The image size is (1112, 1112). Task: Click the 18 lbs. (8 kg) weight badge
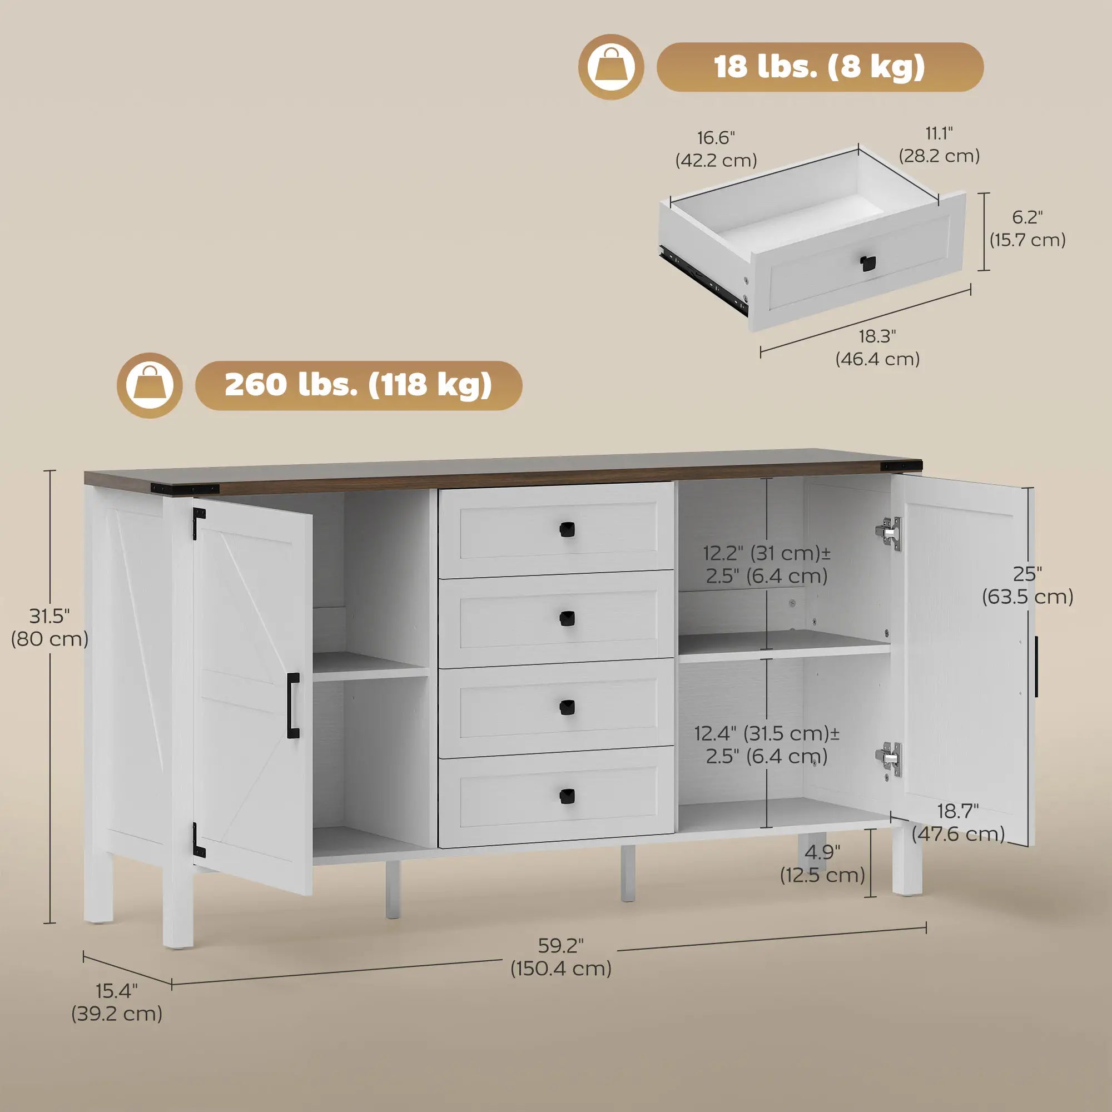coord(820,67)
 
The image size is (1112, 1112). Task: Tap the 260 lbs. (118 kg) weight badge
coord(359,385)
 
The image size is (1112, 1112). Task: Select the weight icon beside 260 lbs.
coord(150,385)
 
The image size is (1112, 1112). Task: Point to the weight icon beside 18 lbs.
coord(610,67)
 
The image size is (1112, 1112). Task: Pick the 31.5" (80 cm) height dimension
coord(49,627)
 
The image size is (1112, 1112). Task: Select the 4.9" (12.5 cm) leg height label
coord(822,863)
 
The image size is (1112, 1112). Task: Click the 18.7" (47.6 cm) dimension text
coord(958,822)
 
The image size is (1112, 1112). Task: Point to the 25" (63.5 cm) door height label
coord(1027,585)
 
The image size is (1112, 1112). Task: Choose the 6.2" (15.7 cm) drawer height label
coord(1027,228)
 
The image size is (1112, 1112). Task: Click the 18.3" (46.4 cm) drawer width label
coord(877,347)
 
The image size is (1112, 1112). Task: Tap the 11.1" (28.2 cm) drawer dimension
coord(939,145)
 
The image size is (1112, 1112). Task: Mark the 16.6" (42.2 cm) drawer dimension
coord(716,148)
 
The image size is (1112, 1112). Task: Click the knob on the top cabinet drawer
coord(567,529)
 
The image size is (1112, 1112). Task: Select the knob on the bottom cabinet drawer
coord(567,796)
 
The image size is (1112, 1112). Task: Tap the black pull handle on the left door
coord(293,706)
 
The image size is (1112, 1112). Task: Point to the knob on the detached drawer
coord(866,263)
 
